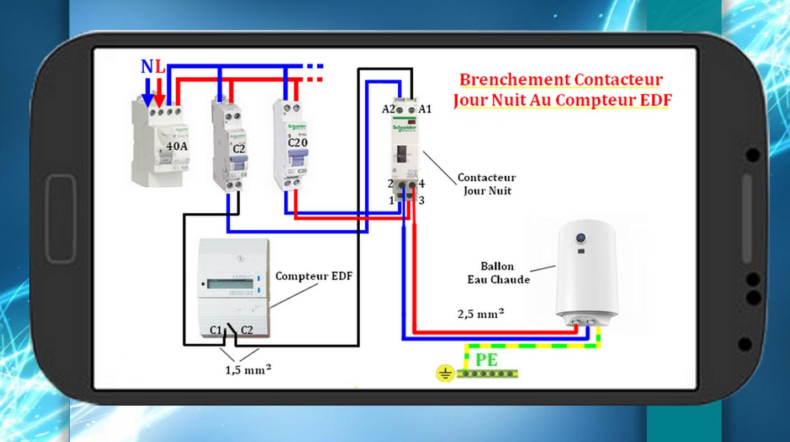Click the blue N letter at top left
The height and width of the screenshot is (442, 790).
[147, 67]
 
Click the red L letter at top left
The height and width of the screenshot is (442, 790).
[160, 67]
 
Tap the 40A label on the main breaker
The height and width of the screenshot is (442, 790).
[177, 146]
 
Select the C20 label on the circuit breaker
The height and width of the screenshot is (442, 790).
[298, 143]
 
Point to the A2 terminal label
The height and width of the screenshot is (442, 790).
[388, 109]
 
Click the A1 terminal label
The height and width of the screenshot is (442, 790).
[425, 109]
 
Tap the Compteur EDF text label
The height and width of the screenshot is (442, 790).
[313, 276]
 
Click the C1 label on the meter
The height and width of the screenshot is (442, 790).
[215, 330]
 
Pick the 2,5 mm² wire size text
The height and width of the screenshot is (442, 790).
[481, 314]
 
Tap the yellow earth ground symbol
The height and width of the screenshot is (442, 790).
[445, 374]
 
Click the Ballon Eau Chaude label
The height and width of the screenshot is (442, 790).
[498, 273]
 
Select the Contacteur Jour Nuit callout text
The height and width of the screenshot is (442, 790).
[487, 184]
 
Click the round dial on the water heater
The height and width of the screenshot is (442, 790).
[581, 238]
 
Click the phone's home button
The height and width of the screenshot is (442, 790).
[61, 218]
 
